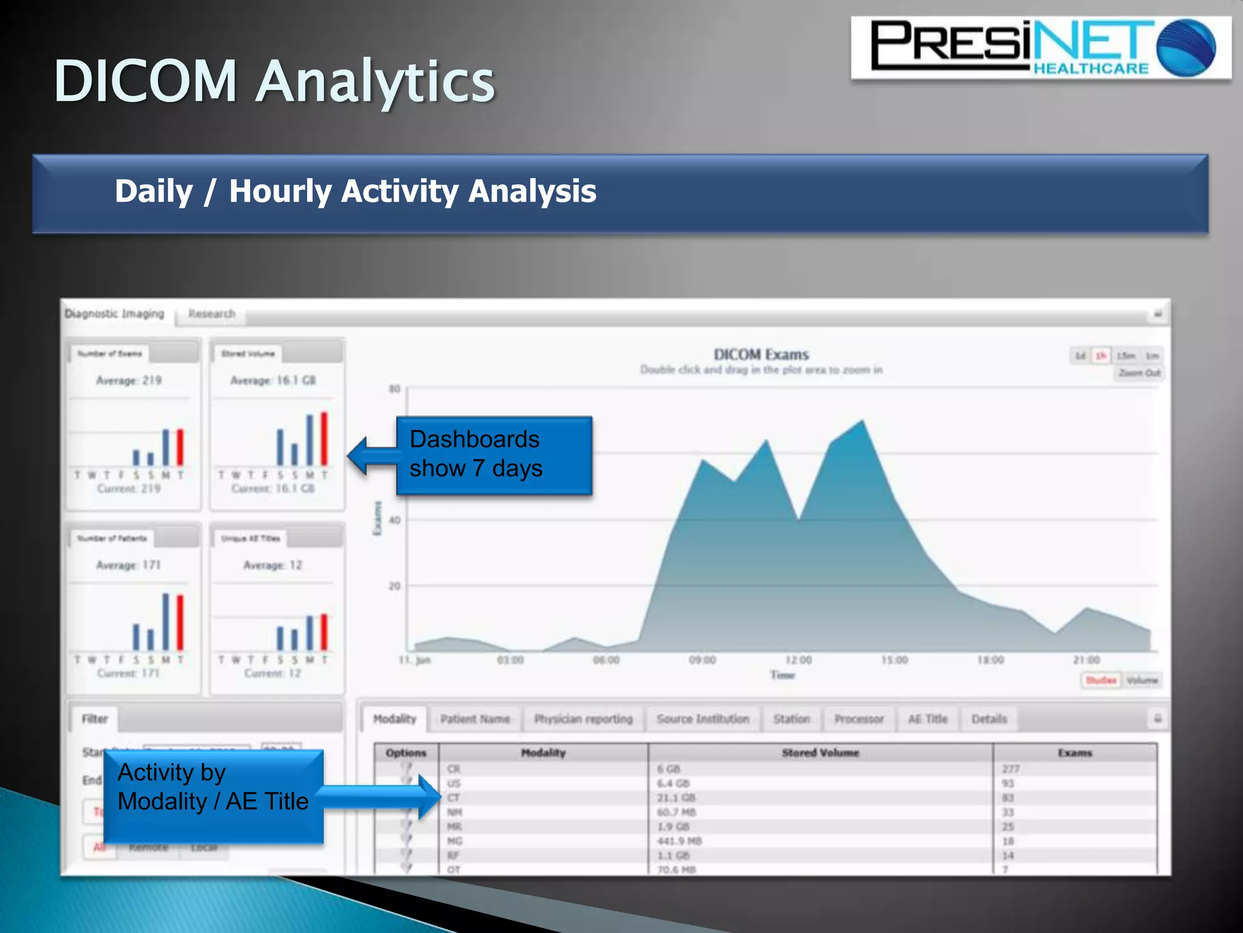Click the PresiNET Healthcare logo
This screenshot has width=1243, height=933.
(1040, 48)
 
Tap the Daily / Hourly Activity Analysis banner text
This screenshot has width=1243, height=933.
(355, 191)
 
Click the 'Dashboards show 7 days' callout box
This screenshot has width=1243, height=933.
(493, 455)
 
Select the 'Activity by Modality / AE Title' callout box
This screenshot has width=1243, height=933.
(213, 795)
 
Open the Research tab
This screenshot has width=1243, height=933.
(211, 314)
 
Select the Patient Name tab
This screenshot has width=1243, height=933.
(475, 719)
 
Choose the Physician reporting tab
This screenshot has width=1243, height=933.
(583, 719)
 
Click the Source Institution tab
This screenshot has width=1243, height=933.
(702, 719)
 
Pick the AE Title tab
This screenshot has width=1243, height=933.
(927, 719)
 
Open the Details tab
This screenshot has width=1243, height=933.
(989, 719)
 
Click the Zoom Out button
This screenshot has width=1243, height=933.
(1139, 373)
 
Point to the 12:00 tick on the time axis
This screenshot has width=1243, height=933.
(798, 660)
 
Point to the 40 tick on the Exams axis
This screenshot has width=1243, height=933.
(395, 521)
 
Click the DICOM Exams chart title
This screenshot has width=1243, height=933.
(761, 355)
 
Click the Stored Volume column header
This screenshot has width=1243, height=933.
(820, 753)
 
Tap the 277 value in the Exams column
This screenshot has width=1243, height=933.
(1011, 769)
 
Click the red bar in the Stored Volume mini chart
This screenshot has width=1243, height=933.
(324, 439)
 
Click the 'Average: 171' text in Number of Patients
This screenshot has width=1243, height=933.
(128, 566)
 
